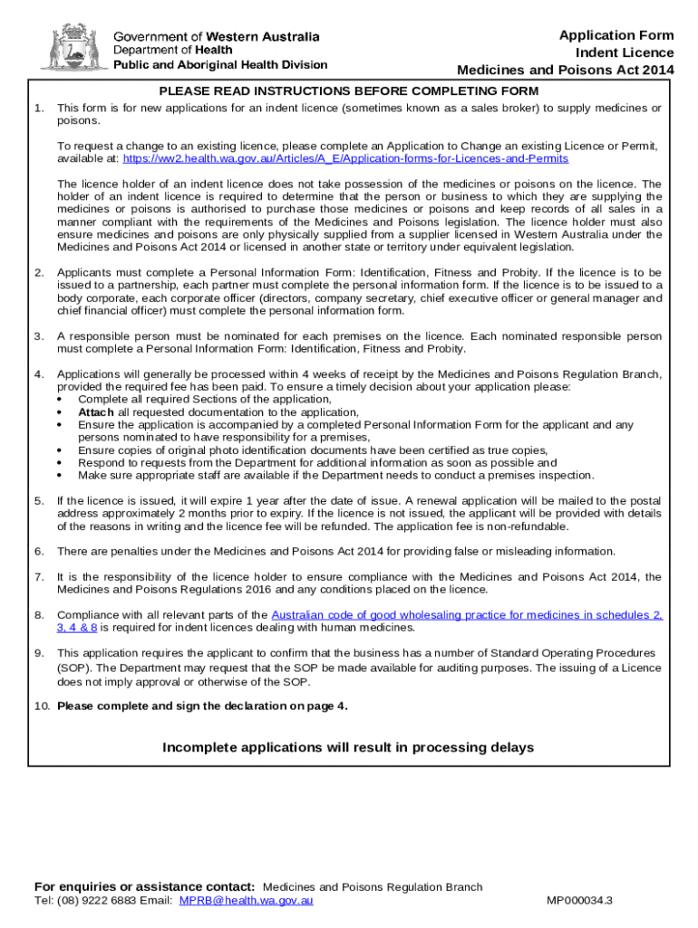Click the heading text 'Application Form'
616,35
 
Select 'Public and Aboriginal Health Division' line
220,64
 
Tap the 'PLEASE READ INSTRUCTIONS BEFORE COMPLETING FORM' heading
349,92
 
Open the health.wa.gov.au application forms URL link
345,158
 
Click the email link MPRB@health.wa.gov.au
247,901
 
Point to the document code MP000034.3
579,901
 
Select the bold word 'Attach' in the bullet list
96,411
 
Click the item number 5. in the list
39,500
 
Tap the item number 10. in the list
42,706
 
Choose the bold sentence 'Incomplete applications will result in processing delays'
348,748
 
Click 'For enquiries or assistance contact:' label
144,886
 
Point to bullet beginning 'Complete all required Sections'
205,399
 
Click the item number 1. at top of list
39,108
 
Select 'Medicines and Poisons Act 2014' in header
566,70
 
